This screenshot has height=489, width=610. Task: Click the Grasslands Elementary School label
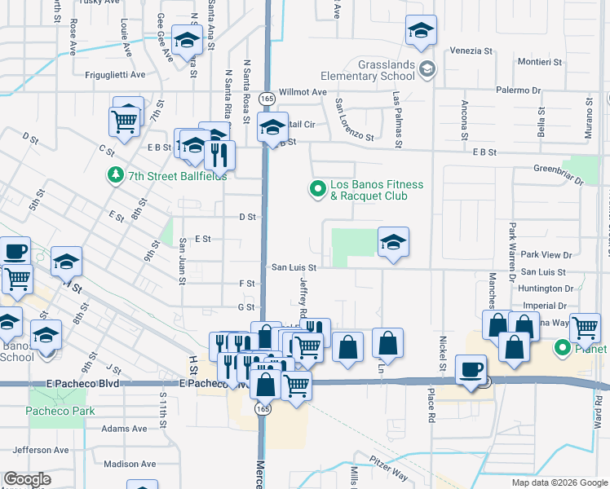coord(387,70)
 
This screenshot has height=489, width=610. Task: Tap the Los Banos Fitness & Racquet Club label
coord(376,190)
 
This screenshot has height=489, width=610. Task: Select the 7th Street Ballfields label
coord(177,174)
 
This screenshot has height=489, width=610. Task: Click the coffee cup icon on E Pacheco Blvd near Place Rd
coord(471,369)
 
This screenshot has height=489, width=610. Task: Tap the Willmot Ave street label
coord(303,93)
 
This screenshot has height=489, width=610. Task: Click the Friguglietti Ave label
coord(115,74)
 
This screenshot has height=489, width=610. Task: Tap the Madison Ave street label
coord(130,464)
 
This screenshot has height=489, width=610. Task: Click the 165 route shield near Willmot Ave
coord(267,98)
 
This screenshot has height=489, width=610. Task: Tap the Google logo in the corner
coord(27,479)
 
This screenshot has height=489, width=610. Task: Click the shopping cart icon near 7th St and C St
coord(124,122)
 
